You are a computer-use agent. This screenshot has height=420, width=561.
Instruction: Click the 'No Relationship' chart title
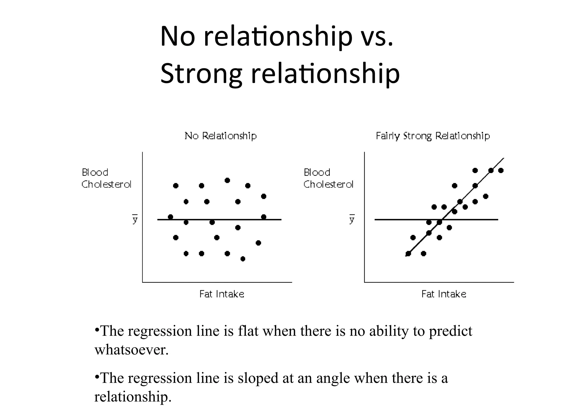[x=221, y=136]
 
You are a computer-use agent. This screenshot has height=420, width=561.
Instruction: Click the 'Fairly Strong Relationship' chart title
[x=433, y=136]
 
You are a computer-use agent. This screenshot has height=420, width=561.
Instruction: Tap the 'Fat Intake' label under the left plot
[x=222, y=294]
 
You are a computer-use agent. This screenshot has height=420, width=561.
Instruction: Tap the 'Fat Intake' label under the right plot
[x=443, y=294]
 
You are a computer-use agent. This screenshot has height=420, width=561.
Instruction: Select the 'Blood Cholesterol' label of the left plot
[x=106, y=178]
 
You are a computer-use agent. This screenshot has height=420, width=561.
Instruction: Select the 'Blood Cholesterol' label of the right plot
[x=328, y=178]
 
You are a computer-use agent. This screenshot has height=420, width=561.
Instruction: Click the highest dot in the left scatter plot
[x=227, y=180]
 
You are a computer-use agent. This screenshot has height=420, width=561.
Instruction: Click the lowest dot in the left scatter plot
[x=243, y=259]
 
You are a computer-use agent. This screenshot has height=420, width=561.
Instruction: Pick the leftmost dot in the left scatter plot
[x=170, y=217]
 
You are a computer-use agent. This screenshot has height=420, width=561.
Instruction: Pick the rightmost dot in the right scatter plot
[x=501, y=171]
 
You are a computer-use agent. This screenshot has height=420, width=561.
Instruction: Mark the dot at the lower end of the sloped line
[x=408, y=254]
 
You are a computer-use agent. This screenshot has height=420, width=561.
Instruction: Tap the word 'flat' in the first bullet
[x=248, y=331]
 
